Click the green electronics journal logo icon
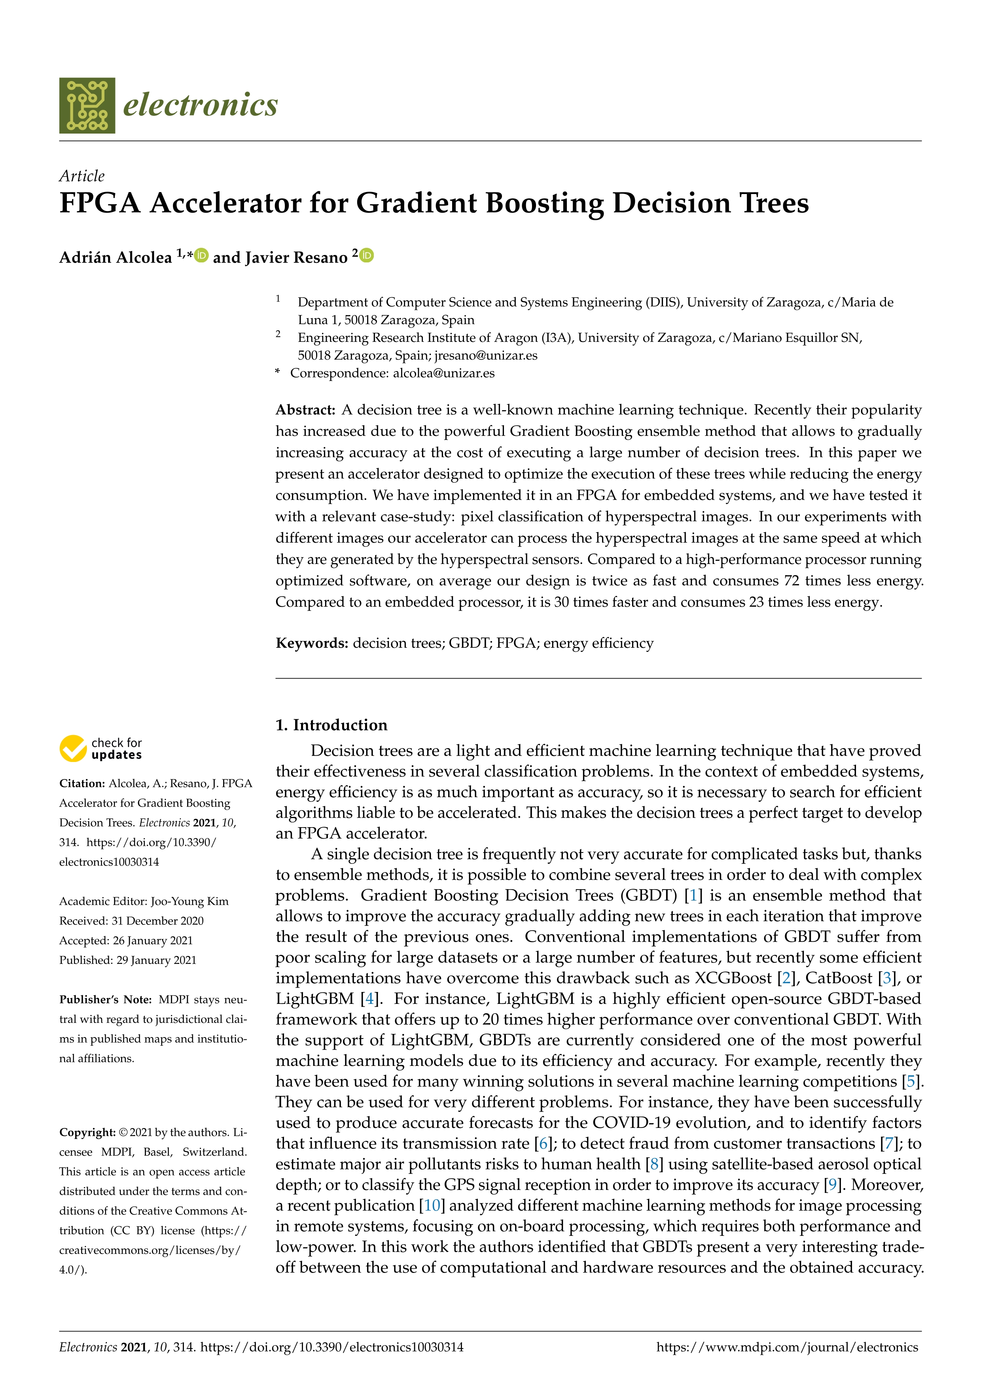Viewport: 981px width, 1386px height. click(87, 105)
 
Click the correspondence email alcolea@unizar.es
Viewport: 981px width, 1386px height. click(443, 373)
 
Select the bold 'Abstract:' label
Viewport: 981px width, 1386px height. click(305, 410)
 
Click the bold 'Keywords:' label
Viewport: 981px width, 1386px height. click(312, 643)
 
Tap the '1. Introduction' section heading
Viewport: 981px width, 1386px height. click(331, 725)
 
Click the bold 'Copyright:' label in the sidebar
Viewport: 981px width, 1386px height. click(87, 1132)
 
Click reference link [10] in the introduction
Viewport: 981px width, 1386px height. click(432, 1205)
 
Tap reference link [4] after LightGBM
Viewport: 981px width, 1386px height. click(370, 999)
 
